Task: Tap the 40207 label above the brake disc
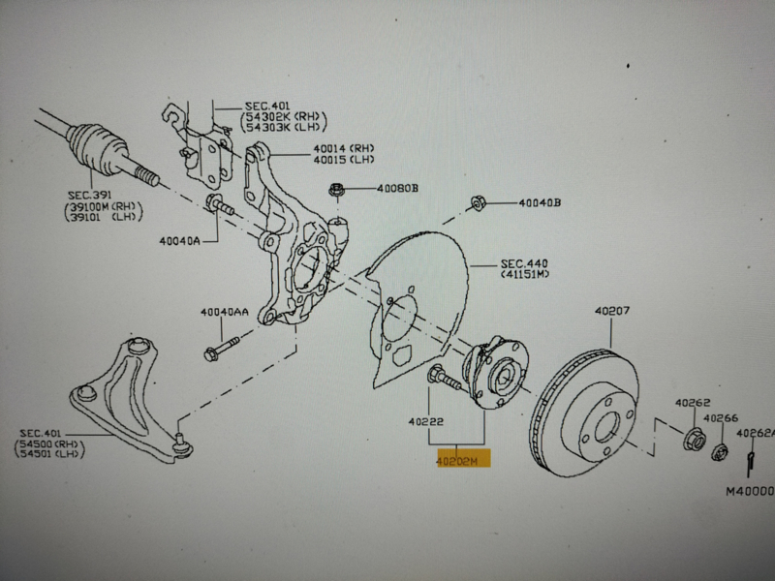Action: pyautogui.click(x=611, y=311)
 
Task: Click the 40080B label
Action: pyautogui.click(x=397, y=188)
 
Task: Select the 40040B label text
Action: pyautogui.click(x=539, y=203)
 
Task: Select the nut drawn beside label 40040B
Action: pyautogui.click(x=477, y=203)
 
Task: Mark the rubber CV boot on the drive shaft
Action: pyautogui.click(x=96, y=141)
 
